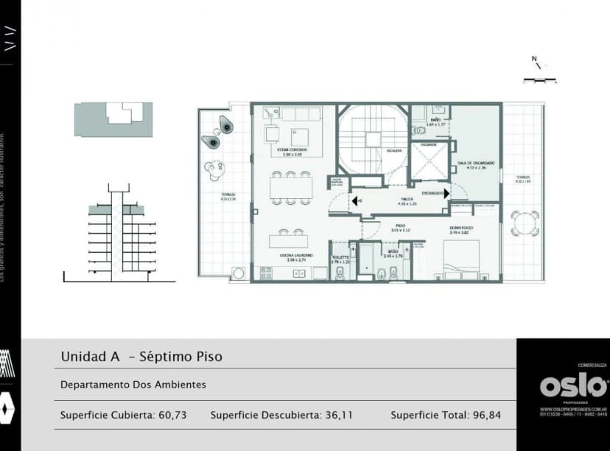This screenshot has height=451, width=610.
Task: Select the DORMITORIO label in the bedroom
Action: point(463,228)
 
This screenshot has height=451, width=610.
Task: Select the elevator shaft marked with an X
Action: point(429,162)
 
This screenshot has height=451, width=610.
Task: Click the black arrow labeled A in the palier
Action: point(355,200)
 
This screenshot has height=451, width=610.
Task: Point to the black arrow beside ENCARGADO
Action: point(446,194)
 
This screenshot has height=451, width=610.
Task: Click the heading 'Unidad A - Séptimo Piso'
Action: point(141,357)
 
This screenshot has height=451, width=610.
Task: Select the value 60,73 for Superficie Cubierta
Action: point(172,415)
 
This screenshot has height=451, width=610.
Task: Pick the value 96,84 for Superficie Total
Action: point(486,415)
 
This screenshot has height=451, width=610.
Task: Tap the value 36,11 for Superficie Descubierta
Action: point(339,415)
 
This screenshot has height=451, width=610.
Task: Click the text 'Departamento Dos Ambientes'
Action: point(133,385)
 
